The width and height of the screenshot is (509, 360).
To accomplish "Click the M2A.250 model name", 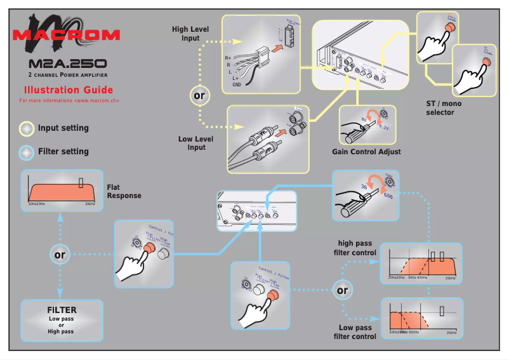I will pyautogui.click(x=67, y=64).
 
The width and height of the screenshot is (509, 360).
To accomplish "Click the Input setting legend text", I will pyautogui.click(x=63, y=128).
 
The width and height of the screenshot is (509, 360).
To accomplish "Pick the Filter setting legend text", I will pyautogui.click(x=63, y=152).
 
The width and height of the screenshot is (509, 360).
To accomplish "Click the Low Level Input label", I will pyautogui.click(x=196, y=143).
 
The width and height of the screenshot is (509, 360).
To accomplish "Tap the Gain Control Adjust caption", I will pyautogui.click(x=366, y=152).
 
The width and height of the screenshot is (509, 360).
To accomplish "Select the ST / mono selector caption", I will pyautogui.click(x=440, y=108).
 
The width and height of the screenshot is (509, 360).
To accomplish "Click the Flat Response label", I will pyautogui.click(x=123, y=192).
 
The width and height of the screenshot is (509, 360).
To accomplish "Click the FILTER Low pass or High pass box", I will pyautogui.click(x=61, y=320).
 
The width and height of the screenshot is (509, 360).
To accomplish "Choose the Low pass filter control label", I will pyautogui.click(x=355, y=332).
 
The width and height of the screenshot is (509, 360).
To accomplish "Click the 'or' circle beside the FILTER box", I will pyautogui.click(x=60, y=255).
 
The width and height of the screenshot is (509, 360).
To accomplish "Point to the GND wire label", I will pyautogui.click(x=236, y=84).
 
